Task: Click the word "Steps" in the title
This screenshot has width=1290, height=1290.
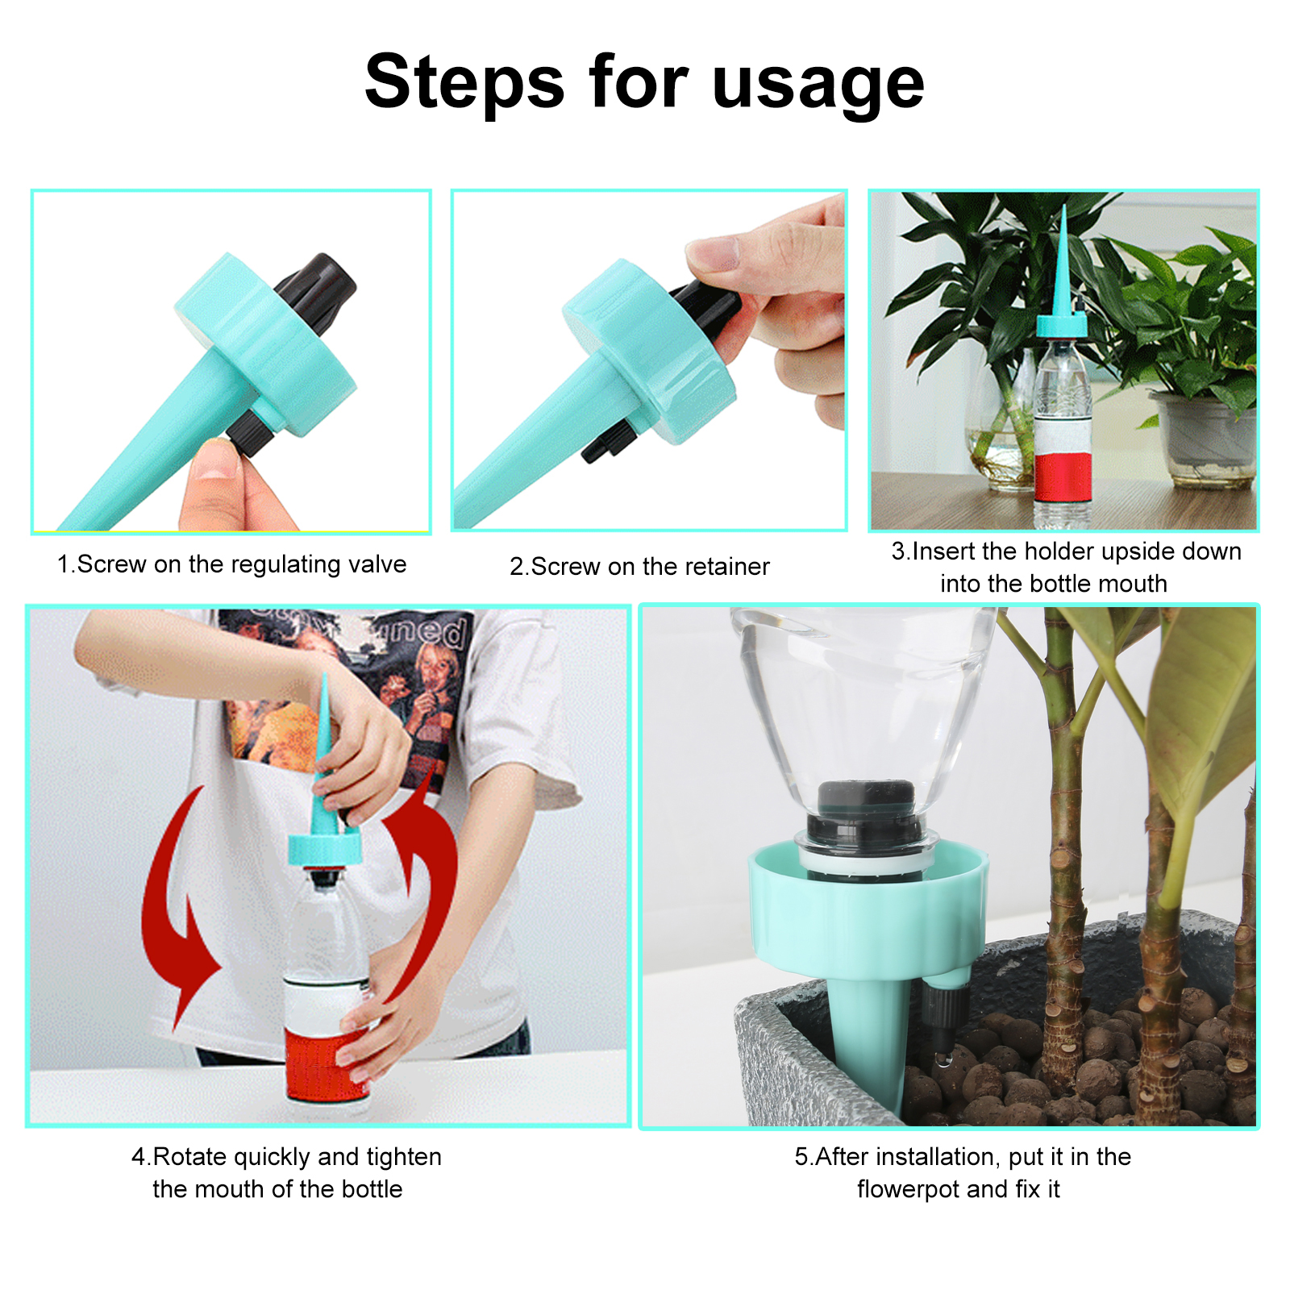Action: pos(465,81)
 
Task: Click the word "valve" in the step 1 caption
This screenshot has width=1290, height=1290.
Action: pos(377,564)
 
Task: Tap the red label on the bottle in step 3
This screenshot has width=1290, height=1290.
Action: pos(1063,476)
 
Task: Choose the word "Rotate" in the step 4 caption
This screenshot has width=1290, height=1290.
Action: pos(190,1156)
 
